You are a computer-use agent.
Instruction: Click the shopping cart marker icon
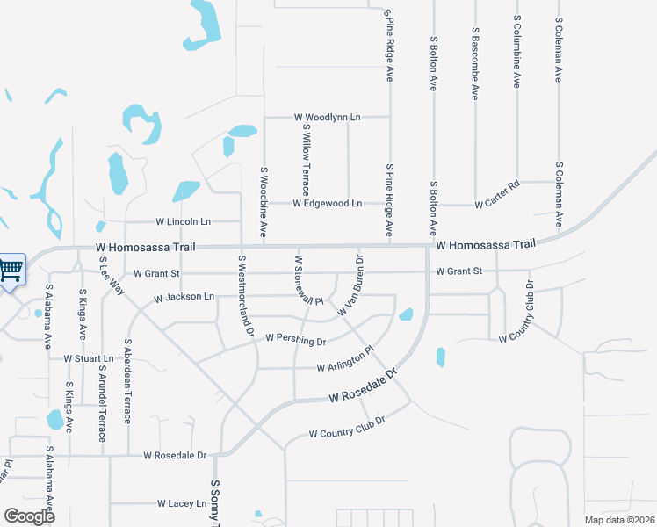[x=11, y=269]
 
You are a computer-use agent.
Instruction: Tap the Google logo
[x=30, y=516]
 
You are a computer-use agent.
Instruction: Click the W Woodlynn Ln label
[x=328, y=117]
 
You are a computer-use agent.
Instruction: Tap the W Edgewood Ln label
[x=328, y=204]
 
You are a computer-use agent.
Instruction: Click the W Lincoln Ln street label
[x=184, y=221]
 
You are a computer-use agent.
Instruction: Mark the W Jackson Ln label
[x=184, y=298]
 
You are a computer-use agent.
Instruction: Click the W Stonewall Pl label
[x=308, y=280]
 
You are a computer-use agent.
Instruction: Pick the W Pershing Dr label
[x=295, y=338]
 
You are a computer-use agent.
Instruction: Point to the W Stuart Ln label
[x=89, y=359]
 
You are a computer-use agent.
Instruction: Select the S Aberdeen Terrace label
[x=128, y=381]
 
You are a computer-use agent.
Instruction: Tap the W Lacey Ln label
[x=181, y=504]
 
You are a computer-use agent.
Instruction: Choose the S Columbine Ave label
[x=517, y=51]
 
